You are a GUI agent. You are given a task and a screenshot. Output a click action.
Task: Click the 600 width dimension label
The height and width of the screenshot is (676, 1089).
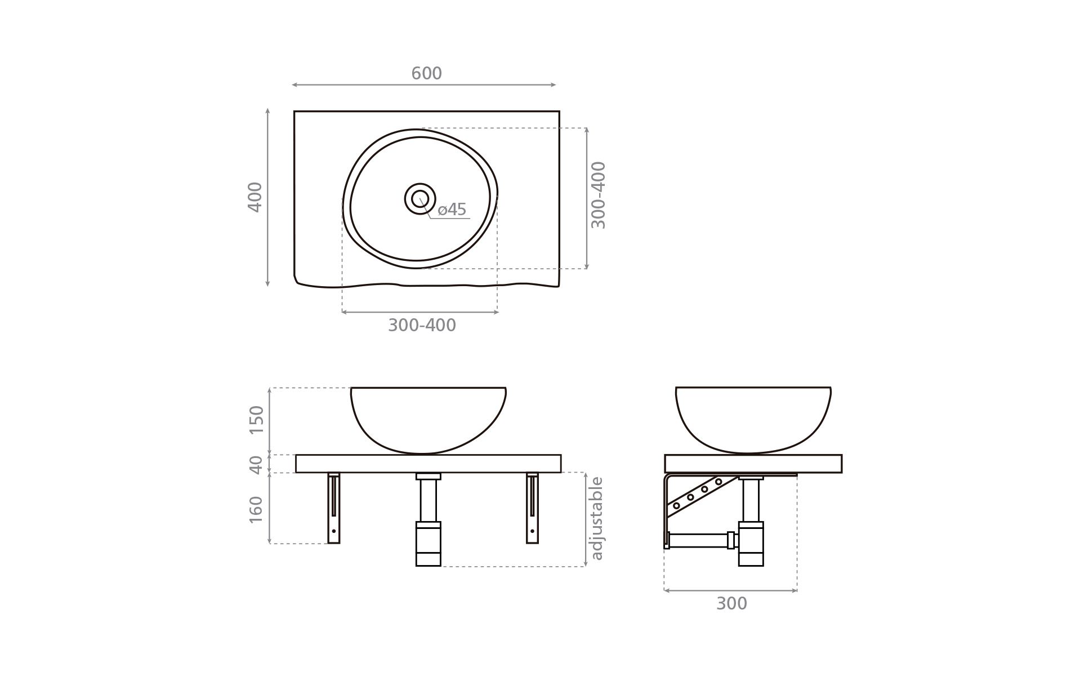pyautogui.click(x=426, y=73)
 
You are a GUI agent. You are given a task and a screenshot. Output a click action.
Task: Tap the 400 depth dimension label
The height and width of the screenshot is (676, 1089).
pyautogui.click(x=255, y=197)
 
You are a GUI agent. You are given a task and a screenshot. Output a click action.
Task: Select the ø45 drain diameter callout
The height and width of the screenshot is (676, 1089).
pyautogui.click(x=452, y=210)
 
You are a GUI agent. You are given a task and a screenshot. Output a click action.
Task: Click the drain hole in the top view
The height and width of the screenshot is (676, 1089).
pyautogui.click(x=420, y=199)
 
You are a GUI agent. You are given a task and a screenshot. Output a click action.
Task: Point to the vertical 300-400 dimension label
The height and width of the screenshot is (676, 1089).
pyautogui.click(x=598, y=195)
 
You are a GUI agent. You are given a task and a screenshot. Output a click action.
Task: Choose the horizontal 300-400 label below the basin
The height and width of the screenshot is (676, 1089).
pyautogui.click(x=422, y=326)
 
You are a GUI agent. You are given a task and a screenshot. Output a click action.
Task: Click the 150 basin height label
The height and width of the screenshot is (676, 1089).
pyautogui.click(x=256, y=420)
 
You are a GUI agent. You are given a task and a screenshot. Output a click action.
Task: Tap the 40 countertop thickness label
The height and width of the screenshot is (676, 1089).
pyautogui.click(x=256, y=465)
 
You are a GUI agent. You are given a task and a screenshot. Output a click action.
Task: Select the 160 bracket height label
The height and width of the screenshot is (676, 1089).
pyautogui.click(x=256, y=509)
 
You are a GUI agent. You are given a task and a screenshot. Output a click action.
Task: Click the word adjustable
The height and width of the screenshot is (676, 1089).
pyautogui.click(x=596, y=518)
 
